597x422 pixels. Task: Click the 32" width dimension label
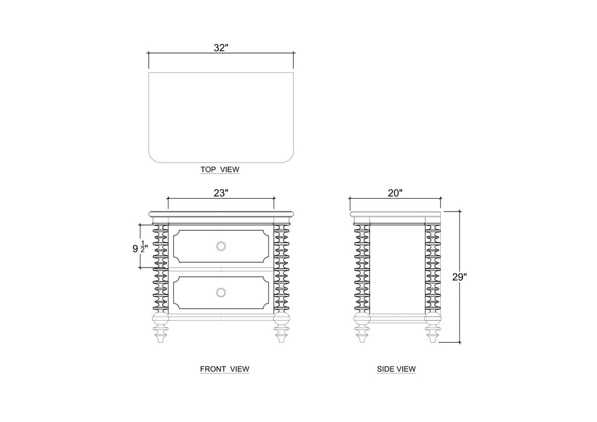pos(221,48)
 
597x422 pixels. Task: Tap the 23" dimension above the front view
pos(221,193)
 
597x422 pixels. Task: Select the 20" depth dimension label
pos(395,193)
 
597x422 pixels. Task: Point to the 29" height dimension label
pos(459,277)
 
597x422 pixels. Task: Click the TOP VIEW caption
pos(220,170)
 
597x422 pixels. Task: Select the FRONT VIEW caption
pos(224,369)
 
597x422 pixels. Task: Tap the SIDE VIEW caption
pos(396,369)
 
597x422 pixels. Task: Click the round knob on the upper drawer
pos(221,246)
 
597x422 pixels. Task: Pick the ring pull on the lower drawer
pos(221,292)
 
